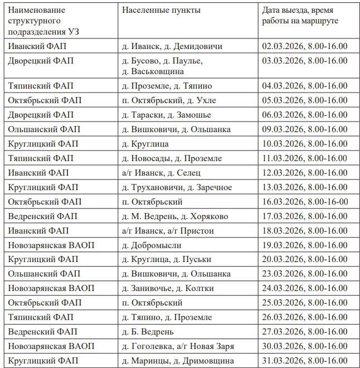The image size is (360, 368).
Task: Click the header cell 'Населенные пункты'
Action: pos(161,11)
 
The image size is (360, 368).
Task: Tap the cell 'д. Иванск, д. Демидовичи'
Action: pos(172,46)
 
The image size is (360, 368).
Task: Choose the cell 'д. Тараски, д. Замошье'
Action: pos(166,115)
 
